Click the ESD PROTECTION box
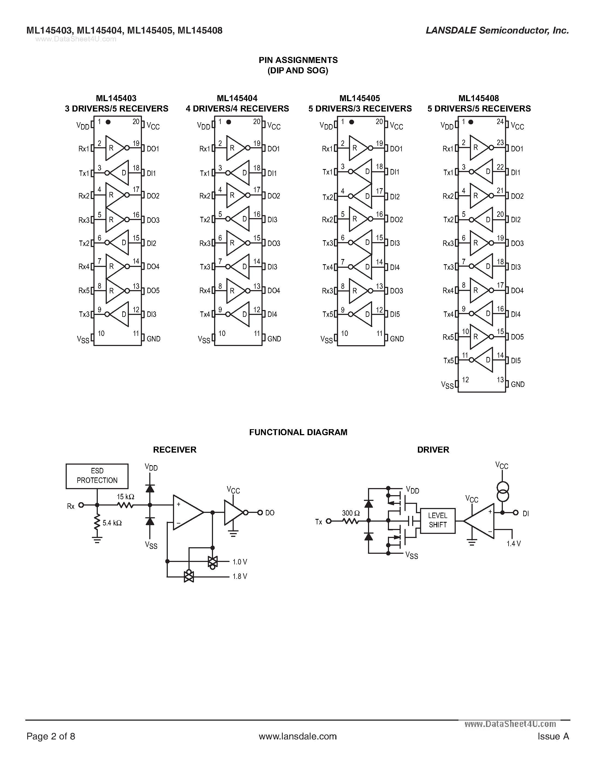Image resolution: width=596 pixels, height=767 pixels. click(97, 476)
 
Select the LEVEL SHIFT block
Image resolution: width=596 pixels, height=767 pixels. click(437, 521)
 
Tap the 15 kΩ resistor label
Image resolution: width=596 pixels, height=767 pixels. click(125, 497)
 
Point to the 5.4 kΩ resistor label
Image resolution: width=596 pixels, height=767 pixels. click(112, 523)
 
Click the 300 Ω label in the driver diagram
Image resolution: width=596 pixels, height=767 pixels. click(351, 513)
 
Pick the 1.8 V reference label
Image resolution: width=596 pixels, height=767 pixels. click(240, 576)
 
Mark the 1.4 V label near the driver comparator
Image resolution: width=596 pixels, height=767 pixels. click(513, 544)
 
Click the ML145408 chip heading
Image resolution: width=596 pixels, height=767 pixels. click(479, 98)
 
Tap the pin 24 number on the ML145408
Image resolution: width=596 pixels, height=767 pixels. click(500, 122)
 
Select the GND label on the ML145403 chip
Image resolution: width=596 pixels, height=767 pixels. click(153, 339)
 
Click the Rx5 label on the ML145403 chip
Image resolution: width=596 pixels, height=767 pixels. click(84, 290)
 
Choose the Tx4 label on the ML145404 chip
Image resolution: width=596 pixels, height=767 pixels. click(205, 314)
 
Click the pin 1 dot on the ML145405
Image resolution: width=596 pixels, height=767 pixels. click(351, 122)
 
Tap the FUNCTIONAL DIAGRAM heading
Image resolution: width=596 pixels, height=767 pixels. click(298, 432)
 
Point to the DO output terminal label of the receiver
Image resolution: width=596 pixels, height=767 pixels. click(269, 513)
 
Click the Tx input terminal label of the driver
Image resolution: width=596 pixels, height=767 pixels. click(318, 522)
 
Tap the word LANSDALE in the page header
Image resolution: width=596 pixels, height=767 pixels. click(451, 31)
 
